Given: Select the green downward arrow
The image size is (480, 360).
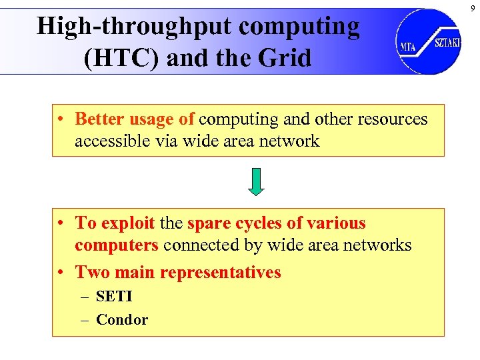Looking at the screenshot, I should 257,182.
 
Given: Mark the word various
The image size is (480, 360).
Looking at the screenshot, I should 335,223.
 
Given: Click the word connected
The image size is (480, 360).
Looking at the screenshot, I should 201,245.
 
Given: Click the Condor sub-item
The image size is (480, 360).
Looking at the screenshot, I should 122,319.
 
